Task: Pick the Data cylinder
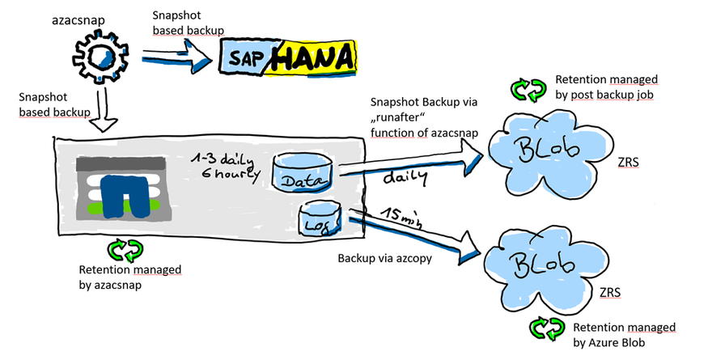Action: [301, 172]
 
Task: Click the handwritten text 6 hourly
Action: [233, 172]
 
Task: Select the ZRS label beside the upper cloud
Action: [626, 162]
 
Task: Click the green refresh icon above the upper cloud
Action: [528, 89]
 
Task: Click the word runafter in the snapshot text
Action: [401, 117]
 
